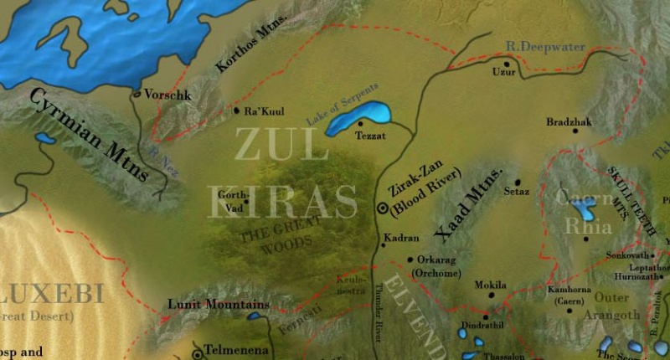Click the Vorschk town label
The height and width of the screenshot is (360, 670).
(168, 95)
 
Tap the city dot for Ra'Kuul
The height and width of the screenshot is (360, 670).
(236, 110)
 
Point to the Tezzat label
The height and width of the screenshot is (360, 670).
(371, 136)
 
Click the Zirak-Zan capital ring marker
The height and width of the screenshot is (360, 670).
(383, 207)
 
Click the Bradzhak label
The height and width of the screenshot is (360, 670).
(569, 122)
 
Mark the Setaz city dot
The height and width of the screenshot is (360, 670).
(518, 182)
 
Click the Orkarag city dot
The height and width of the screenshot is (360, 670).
(410, 260)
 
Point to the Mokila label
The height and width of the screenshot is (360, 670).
(491, 285)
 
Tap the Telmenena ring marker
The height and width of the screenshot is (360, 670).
(198, 347)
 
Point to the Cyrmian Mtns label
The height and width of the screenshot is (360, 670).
(88, 134)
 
